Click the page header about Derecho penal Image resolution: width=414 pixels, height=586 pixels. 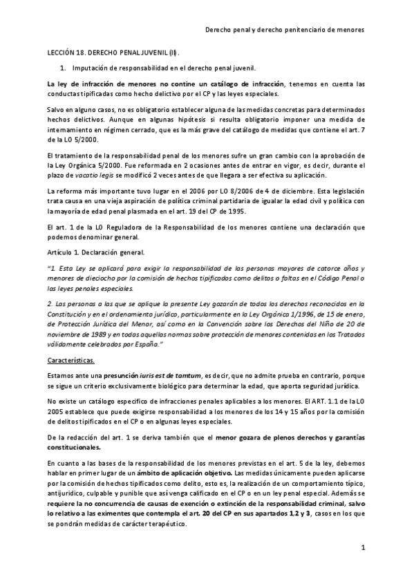pyautogui.click(x=285, y=30)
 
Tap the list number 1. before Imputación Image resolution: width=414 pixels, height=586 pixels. pyautogui.click(x=63, y=68)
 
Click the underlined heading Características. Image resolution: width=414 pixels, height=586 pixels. pyautogui.click(x=70, y=360)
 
